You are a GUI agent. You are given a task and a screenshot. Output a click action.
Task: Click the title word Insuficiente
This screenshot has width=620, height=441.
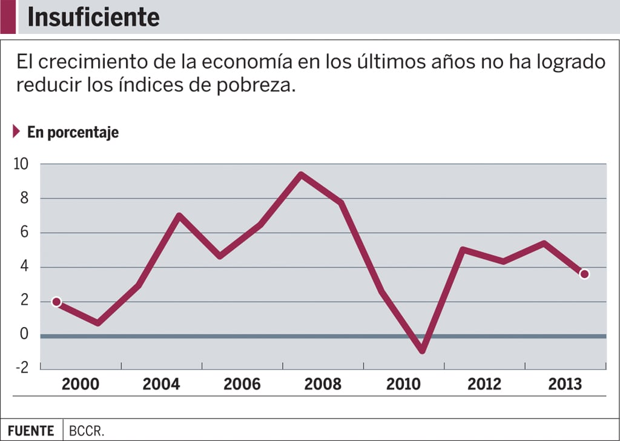pyautogui.click(x=93, y=18)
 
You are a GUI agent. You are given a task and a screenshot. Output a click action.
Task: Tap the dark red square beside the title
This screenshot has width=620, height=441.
pyautogui.click(x=8, y=17)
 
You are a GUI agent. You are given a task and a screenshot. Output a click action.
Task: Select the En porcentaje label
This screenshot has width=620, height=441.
pyautogui.click(x=73, y=133)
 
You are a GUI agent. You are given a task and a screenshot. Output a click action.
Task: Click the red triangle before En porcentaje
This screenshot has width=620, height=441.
pyautogui.click(x=17, y=131)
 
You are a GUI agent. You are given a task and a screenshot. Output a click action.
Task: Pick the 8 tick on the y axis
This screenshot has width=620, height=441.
pyautogui.click(x=25, y=199)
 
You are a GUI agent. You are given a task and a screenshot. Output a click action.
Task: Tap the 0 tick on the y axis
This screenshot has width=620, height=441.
pyautogui.click(x=25, y=334)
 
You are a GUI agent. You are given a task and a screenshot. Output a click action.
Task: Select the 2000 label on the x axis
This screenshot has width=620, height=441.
pyautogui.click(x=81, y=385)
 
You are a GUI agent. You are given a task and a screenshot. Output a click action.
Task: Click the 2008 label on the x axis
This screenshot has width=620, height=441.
pyautogui.click(x=322, y=385)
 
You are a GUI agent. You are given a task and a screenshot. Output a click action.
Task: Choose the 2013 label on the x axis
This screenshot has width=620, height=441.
pyautogui.click(x=564, y=385)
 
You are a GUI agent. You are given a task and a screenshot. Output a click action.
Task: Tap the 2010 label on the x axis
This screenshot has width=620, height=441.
pyautogui.click(x=403, y=385)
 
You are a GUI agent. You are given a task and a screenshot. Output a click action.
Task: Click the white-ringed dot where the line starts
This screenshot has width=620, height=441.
pyautogui.click(x=56, y=302)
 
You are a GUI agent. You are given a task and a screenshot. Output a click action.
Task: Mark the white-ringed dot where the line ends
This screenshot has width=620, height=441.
pyautogui.click(x=584, y=274)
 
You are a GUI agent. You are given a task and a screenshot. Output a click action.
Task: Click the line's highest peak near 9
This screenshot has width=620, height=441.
pyautogui.click(x=301, y=175)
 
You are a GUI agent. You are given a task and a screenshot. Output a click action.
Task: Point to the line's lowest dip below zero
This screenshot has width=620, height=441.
pyautogui.click(x=422, y=350)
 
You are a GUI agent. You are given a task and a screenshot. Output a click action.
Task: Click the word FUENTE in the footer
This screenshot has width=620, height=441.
pyautogui.click(x=31, y=431)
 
